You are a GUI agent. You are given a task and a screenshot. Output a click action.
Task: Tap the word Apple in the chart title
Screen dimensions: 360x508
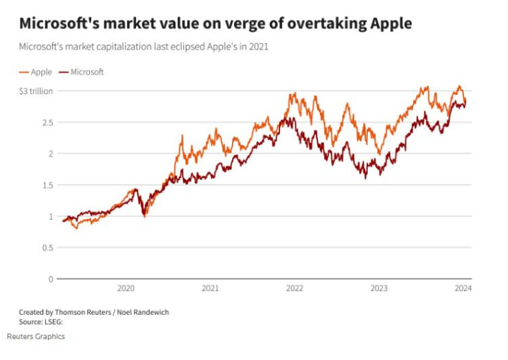tap(389, 24)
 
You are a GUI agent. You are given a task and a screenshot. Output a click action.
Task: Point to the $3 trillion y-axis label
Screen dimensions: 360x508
tap(36, 91)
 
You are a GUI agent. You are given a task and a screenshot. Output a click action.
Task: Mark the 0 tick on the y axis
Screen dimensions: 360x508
tap(49, 279)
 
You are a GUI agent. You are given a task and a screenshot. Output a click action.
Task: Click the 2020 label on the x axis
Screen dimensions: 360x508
tap(126, 289)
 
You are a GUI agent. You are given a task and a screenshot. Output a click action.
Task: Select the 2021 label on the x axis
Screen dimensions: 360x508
tap(210, 289)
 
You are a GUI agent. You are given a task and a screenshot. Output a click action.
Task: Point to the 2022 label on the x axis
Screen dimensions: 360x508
tap(295, 289)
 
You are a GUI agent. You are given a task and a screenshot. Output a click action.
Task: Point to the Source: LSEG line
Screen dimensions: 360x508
tap(36, 321)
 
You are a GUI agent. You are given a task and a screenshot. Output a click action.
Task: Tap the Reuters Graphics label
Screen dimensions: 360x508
tap(36, 337)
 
